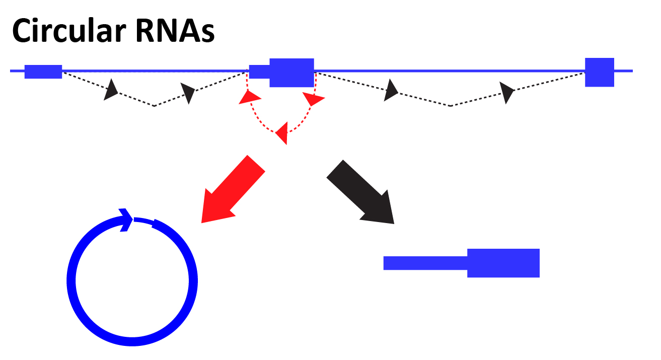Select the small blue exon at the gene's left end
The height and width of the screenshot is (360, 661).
[43, 72]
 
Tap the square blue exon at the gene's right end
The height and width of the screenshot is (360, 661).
[599, 72]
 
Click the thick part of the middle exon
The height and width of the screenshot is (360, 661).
[291, 73]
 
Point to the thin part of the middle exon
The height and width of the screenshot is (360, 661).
[259, 73]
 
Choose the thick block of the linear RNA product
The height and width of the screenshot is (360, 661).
[503, 263]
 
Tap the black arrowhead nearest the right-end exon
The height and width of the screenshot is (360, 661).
[507, 92]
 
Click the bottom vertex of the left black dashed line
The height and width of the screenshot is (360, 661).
[154, 106]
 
